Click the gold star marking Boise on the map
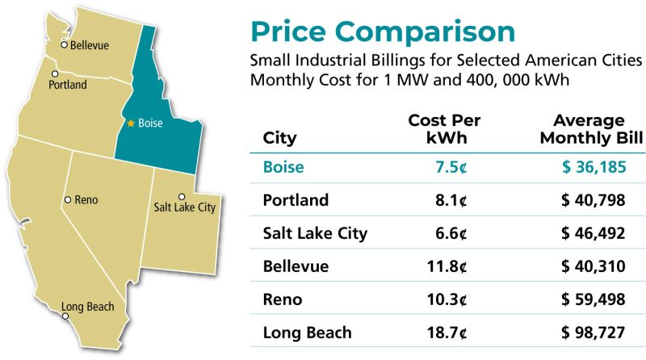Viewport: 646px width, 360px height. tap(130, 123)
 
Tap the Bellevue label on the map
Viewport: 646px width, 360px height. tap(89, 45)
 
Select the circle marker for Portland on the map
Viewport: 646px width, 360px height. tap(53, 73)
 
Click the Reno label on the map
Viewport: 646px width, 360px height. tap(86, 199)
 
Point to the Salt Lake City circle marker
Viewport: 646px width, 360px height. tap(181, 196)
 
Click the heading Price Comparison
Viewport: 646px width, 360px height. tap(382, 31)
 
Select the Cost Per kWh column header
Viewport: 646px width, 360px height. tap(444, 129)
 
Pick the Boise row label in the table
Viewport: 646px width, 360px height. tap(283, 168)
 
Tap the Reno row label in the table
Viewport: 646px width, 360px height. tap(283, 299)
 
